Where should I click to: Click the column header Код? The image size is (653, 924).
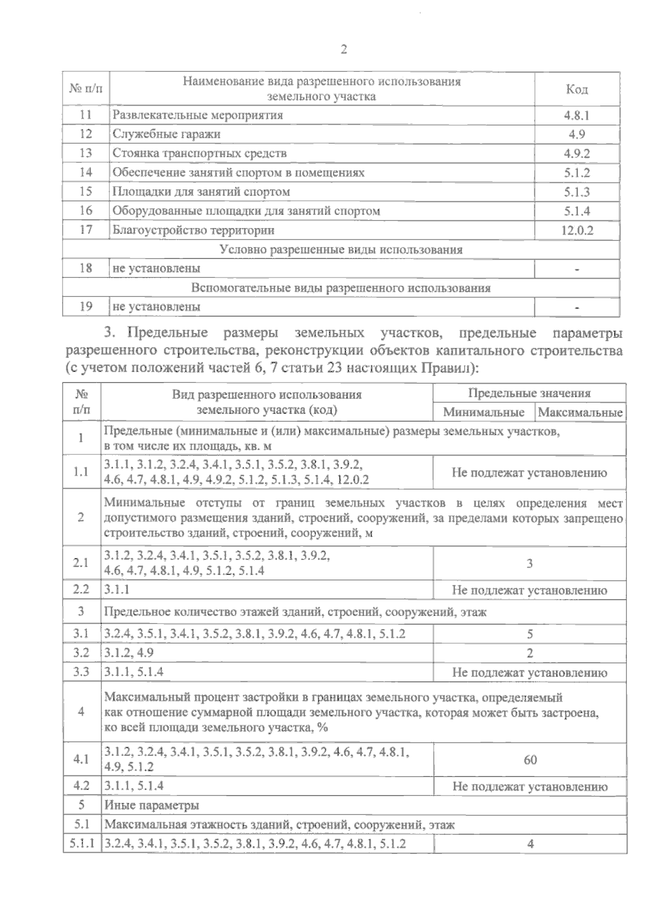tap(577, 89)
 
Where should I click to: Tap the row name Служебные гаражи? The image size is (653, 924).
tap(167, 134)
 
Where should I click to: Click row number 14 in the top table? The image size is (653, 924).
tap(86, 173)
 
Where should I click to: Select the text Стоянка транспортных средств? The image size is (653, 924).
tap(199, 153)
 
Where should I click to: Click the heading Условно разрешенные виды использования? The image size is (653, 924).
tap(341, 250)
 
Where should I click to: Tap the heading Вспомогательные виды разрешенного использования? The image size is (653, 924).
tap(341, 288)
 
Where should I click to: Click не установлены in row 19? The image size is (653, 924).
tap(157, 307)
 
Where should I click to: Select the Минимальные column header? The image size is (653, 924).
tap(484, 412)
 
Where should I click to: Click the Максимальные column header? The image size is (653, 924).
tap(580, 412)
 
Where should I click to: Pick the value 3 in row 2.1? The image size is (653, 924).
tap(529, 564)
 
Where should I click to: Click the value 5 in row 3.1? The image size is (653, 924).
tap(529, 634)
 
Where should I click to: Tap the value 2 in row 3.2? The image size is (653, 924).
tap(529, 653)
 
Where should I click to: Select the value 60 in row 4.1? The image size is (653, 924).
tap(530, 760)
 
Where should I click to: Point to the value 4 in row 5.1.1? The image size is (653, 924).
tap(530, 845)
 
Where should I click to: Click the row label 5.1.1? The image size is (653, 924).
tap(82, 845)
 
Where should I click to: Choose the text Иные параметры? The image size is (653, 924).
tap(152, 805)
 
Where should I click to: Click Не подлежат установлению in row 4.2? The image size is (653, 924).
tap(529, 786)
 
